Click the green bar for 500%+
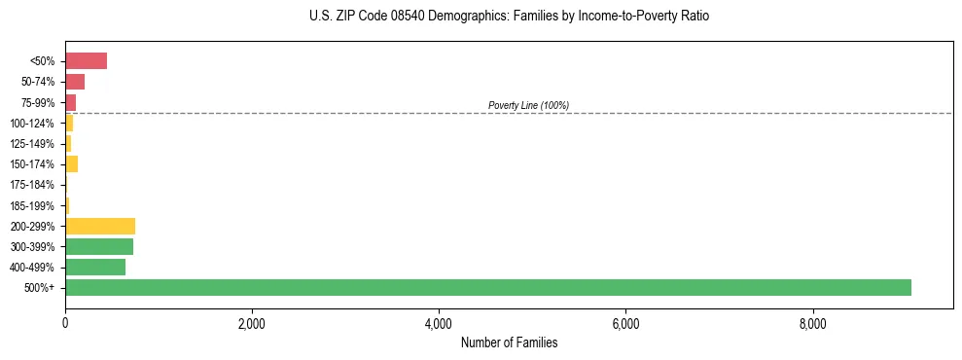click(487, 287)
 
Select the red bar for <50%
click(86, 61)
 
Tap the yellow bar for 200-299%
click(100, 226)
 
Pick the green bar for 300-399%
click(99, 246)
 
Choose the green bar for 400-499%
click(95, 267)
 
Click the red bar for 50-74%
click(75, 82)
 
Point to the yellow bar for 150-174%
click(71, 164)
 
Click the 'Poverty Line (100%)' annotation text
click(528, 105)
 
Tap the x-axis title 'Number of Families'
click(509, 343)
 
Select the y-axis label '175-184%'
click(32, 185)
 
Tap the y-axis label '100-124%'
click(32, 124)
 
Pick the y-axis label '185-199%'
click(32, 205)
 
